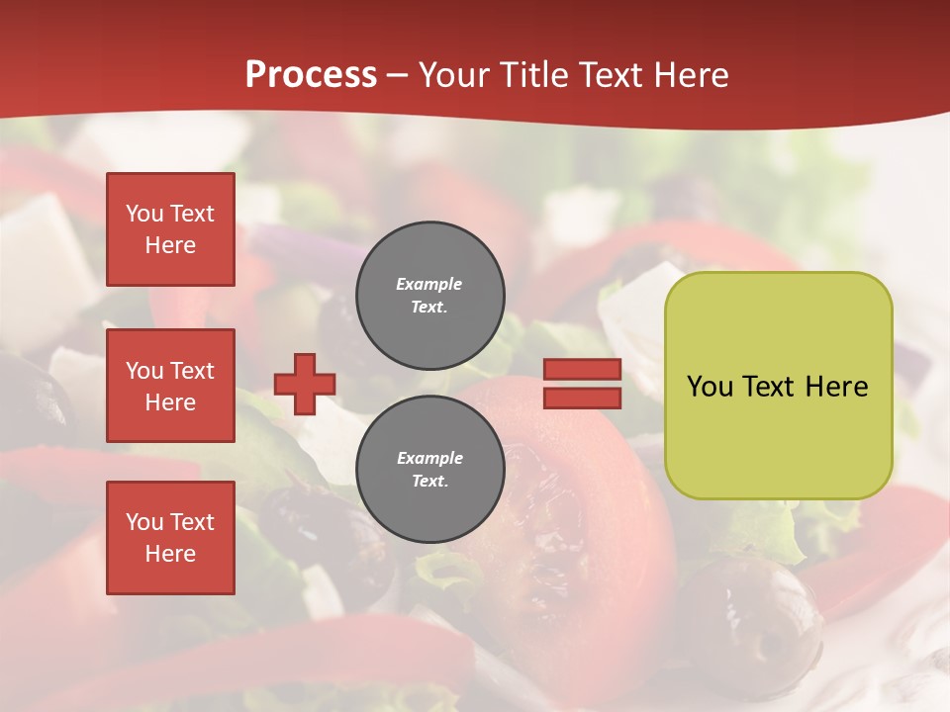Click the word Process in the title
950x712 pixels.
tap(311, 75)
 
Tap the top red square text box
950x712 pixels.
tap(170, 229)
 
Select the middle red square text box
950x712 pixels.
tap(170, 386)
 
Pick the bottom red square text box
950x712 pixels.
tap(170, 538)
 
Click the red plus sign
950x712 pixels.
tap(305, 384)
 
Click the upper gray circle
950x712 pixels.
tap(429, 295)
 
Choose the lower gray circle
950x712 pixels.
tap(429, 469)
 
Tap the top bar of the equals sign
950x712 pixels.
tap(582, 370)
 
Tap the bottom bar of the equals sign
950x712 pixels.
tap(582, 399)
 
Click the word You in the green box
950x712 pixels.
tap(710, 387)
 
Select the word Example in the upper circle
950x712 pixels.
tap(428, 284)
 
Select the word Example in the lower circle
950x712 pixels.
tap(429, 458)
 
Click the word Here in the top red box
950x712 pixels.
tap(170, 245)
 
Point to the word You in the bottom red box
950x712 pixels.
tap(144, 522)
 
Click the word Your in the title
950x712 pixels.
tap(451, 75)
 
